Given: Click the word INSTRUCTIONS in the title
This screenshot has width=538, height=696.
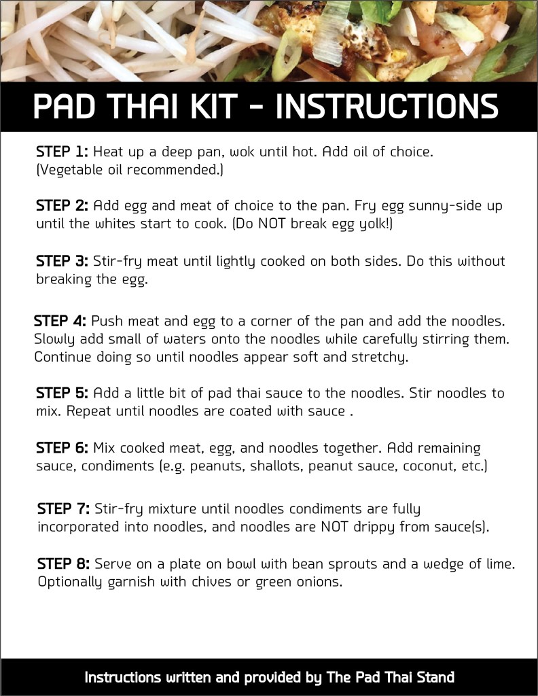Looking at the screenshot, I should click(389, 107).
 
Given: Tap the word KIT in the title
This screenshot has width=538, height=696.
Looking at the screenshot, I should click(225, 107).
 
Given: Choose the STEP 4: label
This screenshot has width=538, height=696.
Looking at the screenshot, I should click(60, 320).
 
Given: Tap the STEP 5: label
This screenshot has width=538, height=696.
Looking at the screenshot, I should click(62, 393).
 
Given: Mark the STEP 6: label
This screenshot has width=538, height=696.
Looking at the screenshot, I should click(62, 448).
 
